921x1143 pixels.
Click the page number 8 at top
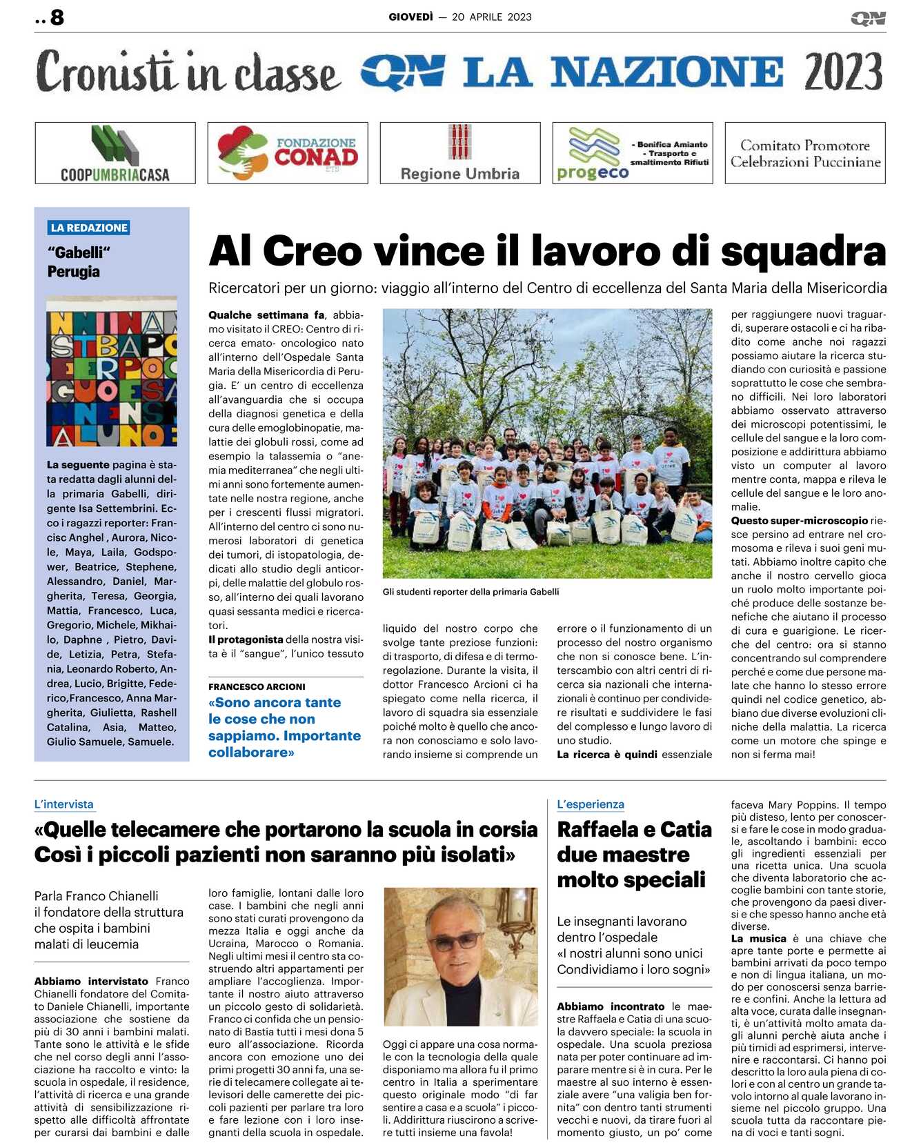tap(57, 17)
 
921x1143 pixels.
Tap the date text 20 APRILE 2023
tap(491, 17)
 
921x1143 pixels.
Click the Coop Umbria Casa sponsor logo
tap(115, 153)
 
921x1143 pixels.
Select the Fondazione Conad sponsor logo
tap(288, 153)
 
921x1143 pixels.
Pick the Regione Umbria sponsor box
tap(460, 153)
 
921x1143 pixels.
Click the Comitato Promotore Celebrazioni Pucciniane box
tap(805, 153)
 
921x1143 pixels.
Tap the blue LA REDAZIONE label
tap(89, 228)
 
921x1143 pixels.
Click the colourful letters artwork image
tap(112, 372)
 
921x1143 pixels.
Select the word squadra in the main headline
tap(803, 250)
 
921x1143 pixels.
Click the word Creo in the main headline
tap(313, 250)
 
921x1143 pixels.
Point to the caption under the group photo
tap(471, 592)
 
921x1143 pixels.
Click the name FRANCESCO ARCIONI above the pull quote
tap(257, 687)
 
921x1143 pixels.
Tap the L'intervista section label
tap(63, 804)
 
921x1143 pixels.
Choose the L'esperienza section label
tap(591, 804)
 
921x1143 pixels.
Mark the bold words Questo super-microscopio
tap(800, 521)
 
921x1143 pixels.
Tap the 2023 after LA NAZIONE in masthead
tap(843, 72)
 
